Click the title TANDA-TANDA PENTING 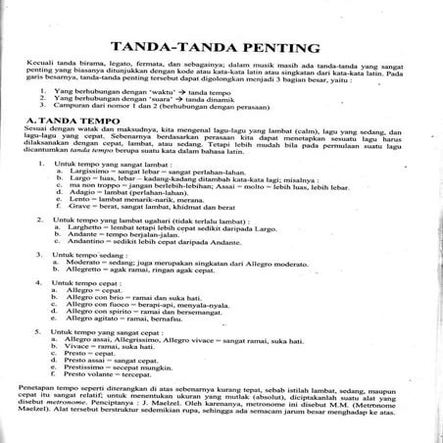pos(221,46)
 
